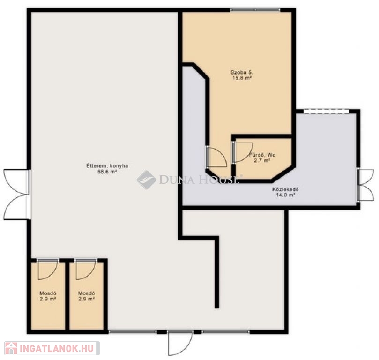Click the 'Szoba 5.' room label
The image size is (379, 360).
(x=242, y=72)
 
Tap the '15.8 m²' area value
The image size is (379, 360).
(x=242, y=78)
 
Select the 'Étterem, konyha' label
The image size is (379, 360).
(x=107, y=166)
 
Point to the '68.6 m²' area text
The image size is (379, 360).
(x=107, y=172)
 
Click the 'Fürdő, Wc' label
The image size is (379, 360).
(x=262, y=155)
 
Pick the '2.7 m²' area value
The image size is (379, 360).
(x=262, y=160)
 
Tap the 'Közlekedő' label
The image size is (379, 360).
(x=285, y=189)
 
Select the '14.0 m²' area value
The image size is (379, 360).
(x=285, y=195)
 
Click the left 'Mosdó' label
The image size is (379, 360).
(x=48, y=293)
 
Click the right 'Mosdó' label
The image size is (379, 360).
(x=86, y=293)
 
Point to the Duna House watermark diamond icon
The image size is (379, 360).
(x=146, y=180)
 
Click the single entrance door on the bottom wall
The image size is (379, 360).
(x=180, y=343)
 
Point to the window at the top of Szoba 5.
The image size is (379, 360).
(x=255, y=10)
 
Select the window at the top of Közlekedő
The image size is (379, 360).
(x=327, y=111)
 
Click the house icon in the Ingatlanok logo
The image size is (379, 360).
(x=11, y=348)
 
